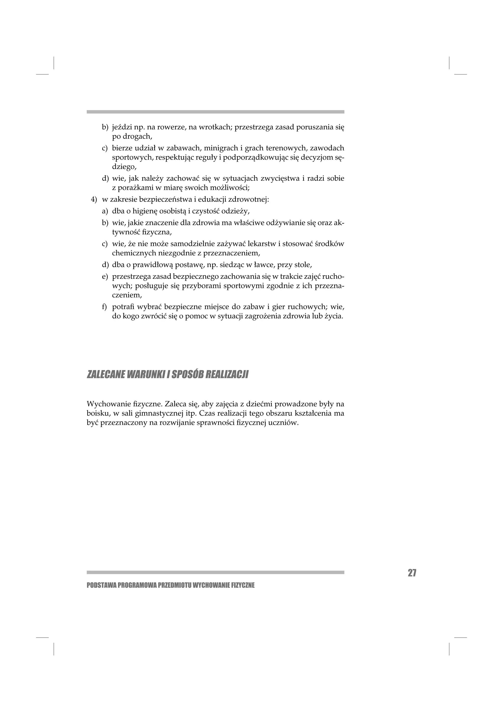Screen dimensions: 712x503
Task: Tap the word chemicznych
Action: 134,253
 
